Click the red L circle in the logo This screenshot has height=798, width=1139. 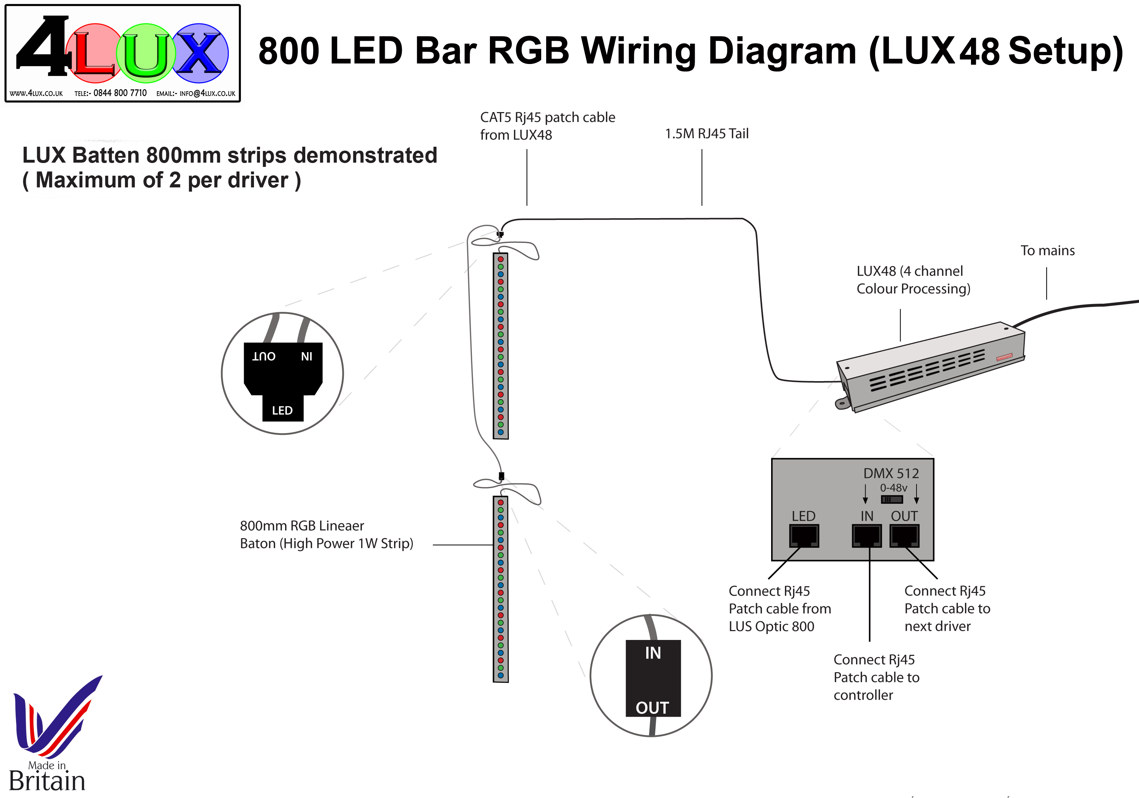[x=94, y=53]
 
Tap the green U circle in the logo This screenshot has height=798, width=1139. [x=146, y=53]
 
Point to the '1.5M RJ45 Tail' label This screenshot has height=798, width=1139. [x=706, y=133]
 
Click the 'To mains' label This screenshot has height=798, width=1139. [x=1047, y=250]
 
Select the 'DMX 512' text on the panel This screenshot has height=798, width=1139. [x=891, y=473]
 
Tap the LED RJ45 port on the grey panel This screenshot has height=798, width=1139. [x=804, y=536]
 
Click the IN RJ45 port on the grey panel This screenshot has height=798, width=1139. [x=867, y=536]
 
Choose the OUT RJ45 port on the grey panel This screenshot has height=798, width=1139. [x=904, y=536]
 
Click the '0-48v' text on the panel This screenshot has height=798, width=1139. [x=894, y=488]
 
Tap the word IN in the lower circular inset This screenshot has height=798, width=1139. [x=653, y=653]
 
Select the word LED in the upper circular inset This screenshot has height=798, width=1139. [x=282, y=410]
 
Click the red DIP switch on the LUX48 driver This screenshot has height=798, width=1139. [x=1004, y=357]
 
